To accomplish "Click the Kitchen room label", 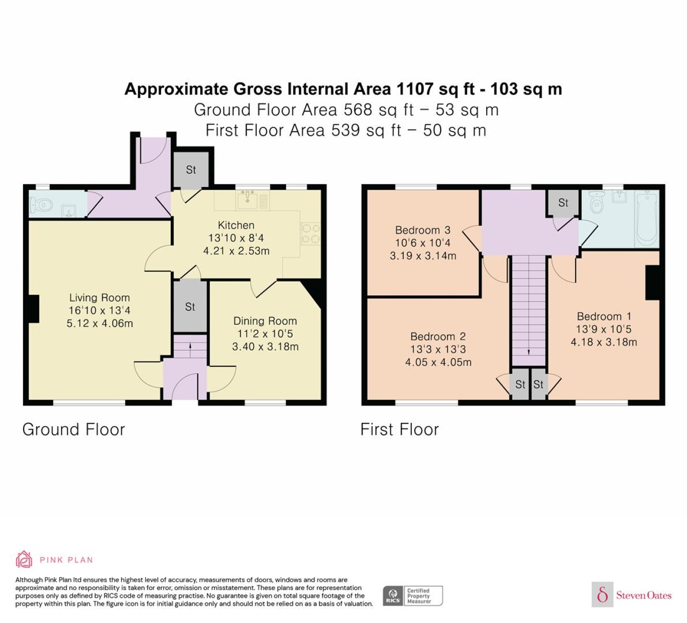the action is point(236,225).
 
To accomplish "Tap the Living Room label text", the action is point(99,298).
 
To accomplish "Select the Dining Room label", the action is point(265,321).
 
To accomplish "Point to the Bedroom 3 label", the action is point(423,230).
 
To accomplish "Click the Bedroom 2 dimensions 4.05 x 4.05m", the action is point(438,362).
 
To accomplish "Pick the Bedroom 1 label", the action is point(604,316).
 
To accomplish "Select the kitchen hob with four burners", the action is point(311,234).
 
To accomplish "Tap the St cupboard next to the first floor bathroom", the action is point(563,203).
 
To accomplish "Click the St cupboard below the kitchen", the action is point(190,307).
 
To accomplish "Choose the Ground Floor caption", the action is point(74,430).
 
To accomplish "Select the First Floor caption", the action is point(399,430).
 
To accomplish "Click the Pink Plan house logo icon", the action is point(24,560).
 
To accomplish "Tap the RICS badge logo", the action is point(393,596).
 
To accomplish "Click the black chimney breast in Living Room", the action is point(33,309).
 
